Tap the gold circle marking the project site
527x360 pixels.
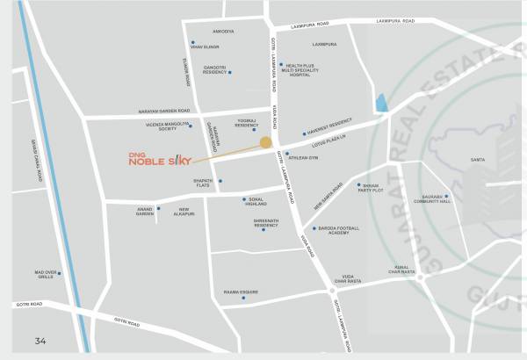click(x=265, y=141)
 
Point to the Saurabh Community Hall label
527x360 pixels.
click(x=433, y=199)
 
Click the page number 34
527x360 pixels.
click(x=40, y=341)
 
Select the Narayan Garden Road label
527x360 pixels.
click(x=164, y=111)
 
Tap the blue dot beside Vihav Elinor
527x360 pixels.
click(x=192, y=42)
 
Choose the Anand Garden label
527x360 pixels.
click(x=144, y=211)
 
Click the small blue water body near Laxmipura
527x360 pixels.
click(x=380, y=102)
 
